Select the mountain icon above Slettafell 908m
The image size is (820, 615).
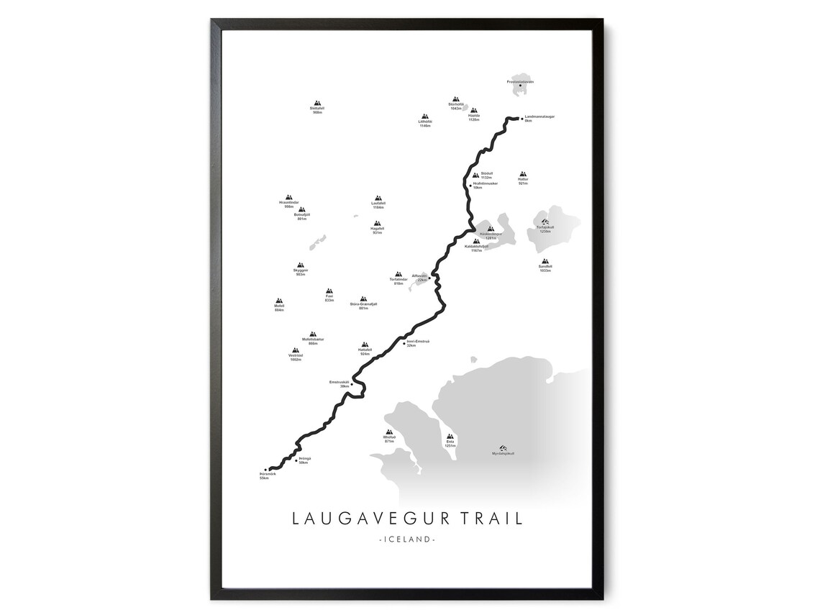tap(317, 104)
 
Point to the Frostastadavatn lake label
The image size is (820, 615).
tap(520, 82)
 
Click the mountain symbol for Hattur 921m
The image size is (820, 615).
tap(523, 175)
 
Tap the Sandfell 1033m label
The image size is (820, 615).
tap(545, 268)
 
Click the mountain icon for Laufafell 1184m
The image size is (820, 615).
tap(378, 199)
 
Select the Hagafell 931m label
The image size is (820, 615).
tap(378, 231)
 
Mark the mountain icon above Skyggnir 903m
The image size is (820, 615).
tap(300, 265)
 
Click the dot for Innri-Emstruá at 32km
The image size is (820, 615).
tap(404, 343)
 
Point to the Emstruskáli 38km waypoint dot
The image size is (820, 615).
tap(352, 384)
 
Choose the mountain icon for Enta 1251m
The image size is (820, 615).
tap(450, 437)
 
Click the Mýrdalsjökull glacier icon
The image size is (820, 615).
tap(503, 447)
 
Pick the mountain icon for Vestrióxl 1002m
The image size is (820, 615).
tap(295, 350)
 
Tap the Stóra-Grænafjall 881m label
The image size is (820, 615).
tap(363, 306)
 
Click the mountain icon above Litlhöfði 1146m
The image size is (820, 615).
tap(425, 117)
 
